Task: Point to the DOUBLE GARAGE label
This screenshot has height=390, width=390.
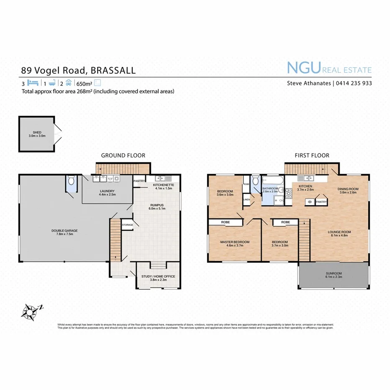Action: click(65, 231)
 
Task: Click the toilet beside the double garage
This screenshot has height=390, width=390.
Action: click(72, 182)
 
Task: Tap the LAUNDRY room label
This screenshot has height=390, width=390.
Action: click(107, 192)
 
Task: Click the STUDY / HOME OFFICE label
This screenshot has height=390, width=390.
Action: click(159, 276)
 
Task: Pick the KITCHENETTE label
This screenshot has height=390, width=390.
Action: click(163, 185)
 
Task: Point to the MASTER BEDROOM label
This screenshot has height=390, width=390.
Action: click(235, 242)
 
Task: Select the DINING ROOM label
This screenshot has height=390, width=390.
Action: click(349, 189)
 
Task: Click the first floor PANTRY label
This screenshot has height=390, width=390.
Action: click(321, 202)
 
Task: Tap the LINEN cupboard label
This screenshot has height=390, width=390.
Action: click(247, 200)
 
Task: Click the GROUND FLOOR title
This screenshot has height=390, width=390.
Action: click(123, 155)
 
